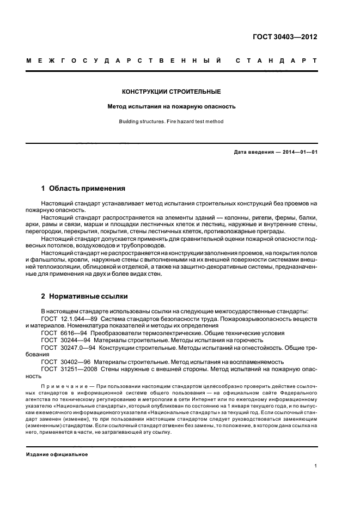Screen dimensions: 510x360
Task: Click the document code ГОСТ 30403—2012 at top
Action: pos(285,38)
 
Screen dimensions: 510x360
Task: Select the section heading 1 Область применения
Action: pos(83,189)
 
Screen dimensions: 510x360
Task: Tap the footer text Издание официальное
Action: pos(57,453)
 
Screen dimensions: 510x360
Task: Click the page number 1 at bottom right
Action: pos(315,466)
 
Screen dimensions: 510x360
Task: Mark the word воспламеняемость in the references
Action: pos(233,361)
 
